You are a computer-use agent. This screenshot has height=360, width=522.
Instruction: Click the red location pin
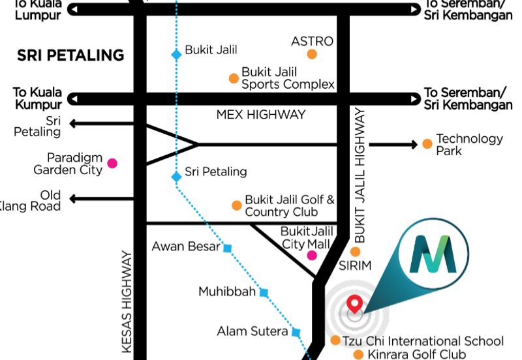tap(354, 303)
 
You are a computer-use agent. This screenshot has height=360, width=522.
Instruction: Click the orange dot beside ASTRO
tap(312, 55)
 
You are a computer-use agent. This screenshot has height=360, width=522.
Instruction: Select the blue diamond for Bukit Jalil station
tap(176, 55)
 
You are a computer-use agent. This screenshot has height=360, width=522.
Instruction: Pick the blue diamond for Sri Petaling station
tap(176, 177)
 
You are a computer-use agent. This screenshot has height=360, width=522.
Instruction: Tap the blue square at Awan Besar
tap(227, 248)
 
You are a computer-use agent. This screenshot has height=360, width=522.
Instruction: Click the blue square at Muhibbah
tap(264, 293)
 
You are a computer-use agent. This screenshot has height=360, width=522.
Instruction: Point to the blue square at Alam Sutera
tap(296, 333)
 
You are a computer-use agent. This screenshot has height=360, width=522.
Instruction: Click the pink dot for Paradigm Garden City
tap(112, 163)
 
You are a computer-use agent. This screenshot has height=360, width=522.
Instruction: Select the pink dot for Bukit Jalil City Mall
tap(312, 255)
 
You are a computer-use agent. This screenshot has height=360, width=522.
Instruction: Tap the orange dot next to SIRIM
tap(356, 251)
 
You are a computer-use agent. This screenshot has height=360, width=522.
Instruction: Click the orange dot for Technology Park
tap(427, 144)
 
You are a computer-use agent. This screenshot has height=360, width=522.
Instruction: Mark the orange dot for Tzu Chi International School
tap(335, 340)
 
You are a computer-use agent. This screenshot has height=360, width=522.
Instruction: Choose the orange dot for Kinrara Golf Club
tap(358, 355)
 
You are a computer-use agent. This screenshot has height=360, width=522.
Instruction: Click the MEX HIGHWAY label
tap(261, 115)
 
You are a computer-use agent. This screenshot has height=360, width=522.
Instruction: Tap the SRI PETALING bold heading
tap(70, 55)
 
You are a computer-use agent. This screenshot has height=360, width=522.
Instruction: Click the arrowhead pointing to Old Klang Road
tap(74, 198)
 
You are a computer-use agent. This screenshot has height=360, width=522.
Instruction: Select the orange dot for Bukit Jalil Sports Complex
tap(234, 79)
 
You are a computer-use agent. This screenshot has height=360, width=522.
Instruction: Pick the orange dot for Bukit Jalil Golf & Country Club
tap(236, 206)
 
